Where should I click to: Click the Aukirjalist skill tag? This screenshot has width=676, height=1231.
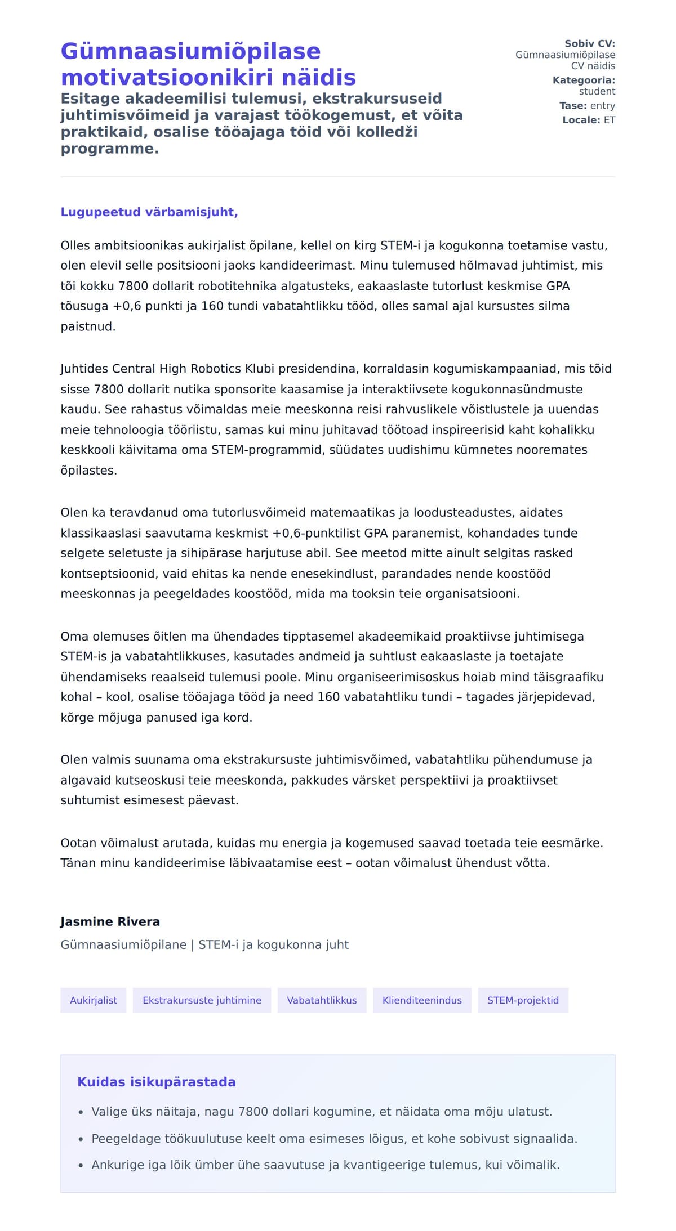pyautogui.click(x=94, y=1000)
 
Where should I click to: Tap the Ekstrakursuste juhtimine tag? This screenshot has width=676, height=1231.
pyautogui.click(x=202, y=1000)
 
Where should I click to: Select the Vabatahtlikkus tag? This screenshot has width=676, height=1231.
pyautogui.click(x=322, y=1000)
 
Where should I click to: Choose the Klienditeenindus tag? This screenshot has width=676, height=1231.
pyautogui.click(x=422, y=1000)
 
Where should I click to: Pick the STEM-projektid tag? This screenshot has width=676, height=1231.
pyautogui.click(x=523, y=1000)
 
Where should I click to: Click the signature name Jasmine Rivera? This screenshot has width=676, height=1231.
pyautogui.click(x=110, y=921)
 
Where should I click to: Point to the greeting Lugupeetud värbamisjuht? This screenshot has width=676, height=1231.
pyautogui.click(x=149, y=212)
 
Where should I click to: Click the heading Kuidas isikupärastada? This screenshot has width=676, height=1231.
pyautogui.click(x=156, y=1082)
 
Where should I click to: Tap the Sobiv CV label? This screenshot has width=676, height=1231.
pyautogui.click(x=589, y=43)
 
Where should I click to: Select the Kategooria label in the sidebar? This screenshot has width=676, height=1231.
pyautogui.click(x=584, y=80)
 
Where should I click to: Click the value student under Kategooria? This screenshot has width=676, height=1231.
pyautogui.click(x=597, y=91)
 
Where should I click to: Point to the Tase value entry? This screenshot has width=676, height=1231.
pyautogui.click(x=602, y=105)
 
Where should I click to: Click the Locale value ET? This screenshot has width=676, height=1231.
pyautogui.click(x=610, y=120)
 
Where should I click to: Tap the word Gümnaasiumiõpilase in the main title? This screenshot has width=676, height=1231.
pyautogui.click(x=190, y=51)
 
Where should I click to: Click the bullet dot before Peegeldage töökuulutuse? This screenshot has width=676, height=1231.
pyautogui.click(x=81, y=1139)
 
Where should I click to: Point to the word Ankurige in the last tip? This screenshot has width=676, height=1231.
pyautogui.click(x=117, y=1165)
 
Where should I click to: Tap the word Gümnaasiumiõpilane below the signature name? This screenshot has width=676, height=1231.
pyautogui.click(x=123, y=944)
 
